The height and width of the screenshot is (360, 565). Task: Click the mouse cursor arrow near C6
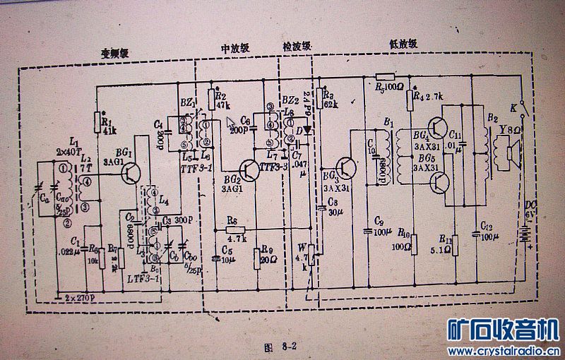pos(230,122)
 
